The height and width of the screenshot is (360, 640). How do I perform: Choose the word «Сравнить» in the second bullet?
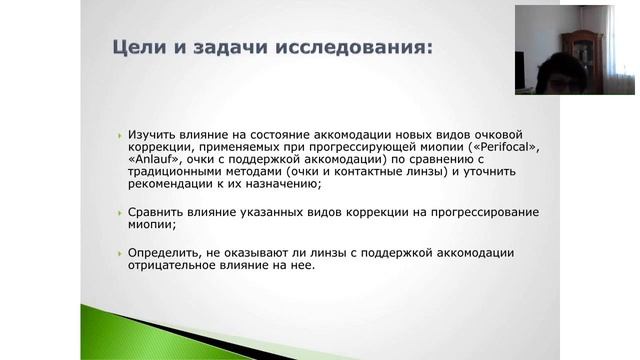click(156, 213)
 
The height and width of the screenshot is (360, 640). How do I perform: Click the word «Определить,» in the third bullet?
click(163, 253)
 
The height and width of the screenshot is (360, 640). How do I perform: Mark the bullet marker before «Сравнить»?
click(119, 214)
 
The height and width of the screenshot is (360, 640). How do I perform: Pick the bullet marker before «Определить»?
click(119, 254)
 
